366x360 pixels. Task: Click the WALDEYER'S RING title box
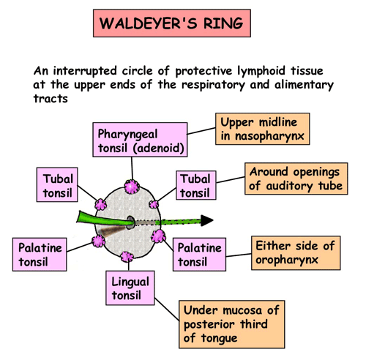pos(172,23)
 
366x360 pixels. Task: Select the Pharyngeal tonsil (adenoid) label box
pos(140,140)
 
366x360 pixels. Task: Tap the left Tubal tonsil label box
pos(57,184)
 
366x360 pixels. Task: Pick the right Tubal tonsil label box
pos(196,185)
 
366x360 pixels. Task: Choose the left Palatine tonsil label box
pos(40,255)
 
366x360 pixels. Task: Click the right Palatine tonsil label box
pos(199,255)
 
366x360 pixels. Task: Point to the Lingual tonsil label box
pos(130,288)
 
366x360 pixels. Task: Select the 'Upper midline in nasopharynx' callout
pos(263,129)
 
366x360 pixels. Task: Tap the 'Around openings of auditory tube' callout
pos(296,179)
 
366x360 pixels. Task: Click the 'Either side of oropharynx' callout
pos(296,252)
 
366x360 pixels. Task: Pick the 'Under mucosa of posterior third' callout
pos(232,324)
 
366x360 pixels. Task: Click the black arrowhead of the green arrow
pos(207,220)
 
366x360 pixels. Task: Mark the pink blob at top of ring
pos(132,187)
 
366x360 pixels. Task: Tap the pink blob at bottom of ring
pos(127,257)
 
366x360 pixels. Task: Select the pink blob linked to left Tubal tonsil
pos(100,204)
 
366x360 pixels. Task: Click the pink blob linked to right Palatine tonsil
pos(159,236)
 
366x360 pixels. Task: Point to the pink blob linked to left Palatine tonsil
pos(99,241)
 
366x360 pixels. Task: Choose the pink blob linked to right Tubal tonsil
pos(154,204)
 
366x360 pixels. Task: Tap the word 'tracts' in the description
pos(51,99)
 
